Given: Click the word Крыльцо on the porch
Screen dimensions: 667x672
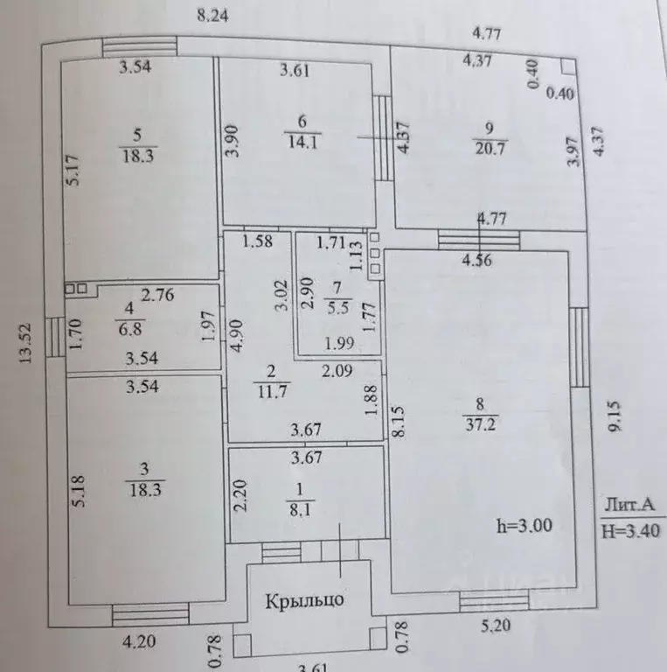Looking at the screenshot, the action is point(304,600).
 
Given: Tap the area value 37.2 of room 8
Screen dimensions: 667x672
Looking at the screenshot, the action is point(480,424).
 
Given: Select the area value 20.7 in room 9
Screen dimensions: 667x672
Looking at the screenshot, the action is point(490,149).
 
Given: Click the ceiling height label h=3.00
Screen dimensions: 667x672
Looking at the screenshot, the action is point(524,525).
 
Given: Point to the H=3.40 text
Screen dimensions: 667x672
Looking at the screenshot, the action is point(630,531).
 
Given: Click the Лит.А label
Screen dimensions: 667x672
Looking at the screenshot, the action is point(629,504).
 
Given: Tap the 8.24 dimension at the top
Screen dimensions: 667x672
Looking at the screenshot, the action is point(212,16).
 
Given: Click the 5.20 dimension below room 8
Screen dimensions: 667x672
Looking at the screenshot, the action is point(496,626).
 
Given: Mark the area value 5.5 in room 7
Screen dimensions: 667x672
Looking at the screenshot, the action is point(338,308).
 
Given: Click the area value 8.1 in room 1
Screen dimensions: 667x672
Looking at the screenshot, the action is point(300,510).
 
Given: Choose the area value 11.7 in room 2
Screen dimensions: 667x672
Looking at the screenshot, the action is point(272,392).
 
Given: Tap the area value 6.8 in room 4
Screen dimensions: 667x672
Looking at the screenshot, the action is point(130,329).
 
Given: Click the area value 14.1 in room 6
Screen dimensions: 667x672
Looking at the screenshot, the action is point(302,142).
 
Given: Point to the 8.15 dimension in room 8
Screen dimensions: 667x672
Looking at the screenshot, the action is point(400,421).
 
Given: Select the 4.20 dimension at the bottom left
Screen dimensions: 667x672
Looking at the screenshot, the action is point(139,642).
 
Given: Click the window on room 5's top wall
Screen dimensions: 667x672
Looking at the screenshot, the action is point(140,47).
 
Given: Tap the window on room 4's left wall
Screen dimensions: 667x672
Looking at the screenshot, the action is point(55,337).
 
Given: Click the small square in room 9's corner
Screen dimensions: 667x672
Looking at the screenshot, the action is point(567,66).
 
